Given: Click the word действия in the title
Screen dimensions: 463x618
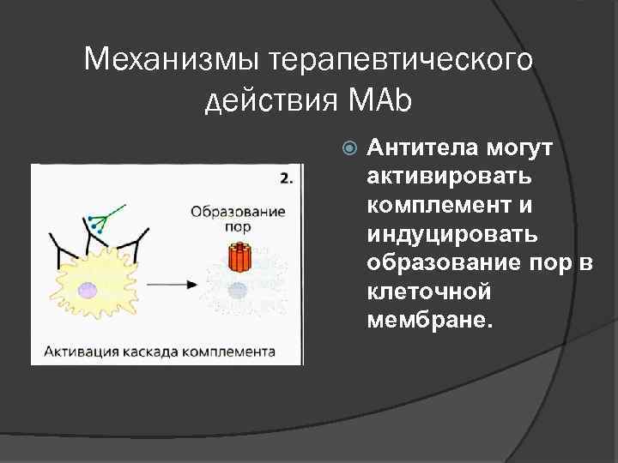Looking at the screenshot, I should (272, 102).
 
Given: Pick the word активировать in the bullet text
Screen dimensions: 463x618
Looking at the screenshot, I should (448, 177).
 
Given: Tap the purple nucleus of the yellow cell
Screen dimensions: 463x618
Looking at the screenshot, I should (88, 291).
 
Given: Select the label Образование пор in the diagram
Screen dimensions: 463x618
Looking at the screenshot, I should (238, 219).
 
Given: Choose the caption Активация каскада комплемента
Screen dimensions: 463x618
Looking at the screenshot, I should (155, 351).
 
